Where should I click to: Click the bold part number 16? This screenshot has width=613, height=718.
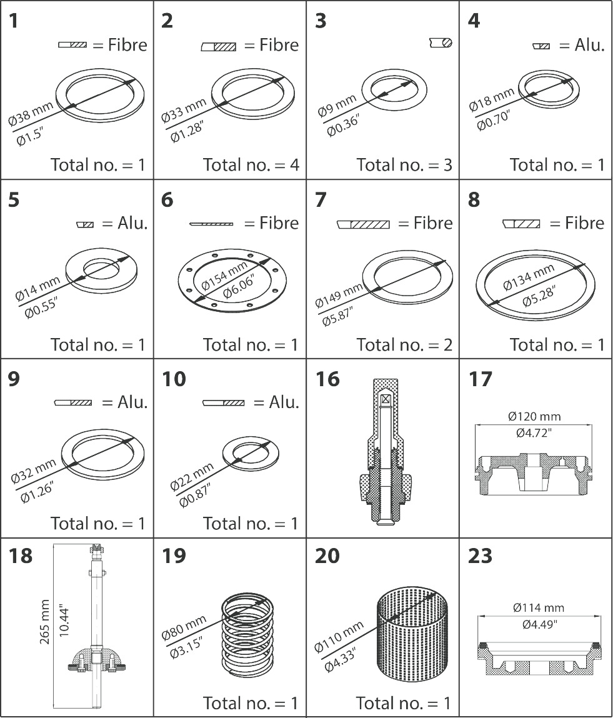[327, 379]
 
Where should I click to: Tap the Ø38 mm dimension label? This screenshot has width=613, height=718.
[31, 114]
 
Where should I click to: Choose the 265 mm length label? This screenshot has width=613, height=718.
[44, 621]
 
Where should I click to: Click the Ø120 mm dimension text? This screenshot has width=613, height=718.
[534, 416]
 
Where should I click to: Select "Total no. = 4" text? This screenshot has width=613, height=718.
[251, 165]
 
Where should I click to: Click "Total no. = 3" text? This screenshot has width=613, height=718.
[404, 165]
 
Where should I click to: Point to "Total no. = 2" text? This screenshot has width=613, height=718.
[404, 344]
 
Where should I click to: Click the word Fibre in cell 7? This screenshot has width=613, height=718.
[433, 223]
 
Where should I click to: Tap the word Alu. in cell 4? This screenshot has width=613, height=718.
[590, 45]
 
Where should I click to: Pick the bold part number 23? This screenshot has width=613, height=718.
[481, 556]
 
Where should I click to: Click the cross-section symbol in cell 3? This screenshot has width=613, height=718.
[441, 42]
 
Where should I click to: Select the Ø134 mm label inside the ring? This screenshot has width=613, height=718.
[528, 277]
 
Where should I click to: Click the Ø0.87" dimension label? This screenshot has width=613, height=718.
[194, 495]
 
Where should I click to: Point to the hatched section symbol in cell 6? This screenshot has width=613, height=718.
[211, 224]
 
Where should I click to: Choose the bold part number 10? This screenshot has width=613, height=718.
[174, 379]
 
